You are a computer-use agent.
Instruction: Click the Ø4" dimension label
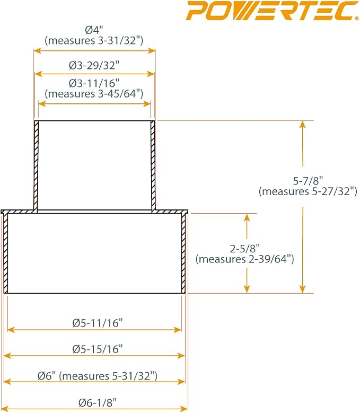coord(93,30)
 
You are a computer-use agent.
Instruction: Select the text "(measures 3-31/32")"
coord(94,41)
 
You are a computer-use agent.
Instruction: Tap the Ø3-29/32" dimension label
coord(94,65)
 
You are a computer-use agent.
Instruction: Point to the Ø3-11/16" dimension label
coord(94,83)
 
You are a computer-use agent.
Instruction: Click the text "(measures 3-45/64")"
coord(94,94)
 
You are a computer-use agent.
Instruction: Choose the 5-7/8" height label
coord(308,181)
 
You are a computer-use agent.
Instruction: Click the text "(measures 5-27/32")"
coord(308,191)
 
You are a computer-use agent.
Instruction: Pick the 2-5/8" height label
coord(244,248)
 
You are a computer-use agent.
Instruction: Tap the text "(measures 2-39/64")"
coord(244,259)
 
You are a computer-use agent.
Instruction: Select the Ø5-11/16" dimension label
coord(98,323)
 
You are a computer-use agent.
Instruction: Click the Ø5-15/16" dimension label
coord(98,349)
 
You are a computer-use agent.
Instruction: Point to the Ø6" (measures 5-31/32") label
coord(98,376)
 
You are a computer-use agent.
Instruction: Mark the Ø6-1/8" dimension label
coord(98,402)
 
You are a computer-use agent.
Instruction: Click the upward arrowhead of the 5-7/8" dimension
coord(303,124)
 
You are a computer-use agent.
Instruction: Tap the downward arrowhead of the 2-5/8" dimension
coord(247,289)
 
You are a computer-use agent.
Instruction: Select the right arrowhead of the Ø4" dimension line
coord(152,50)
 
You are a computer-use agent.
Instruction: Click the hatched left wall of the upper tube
coord(36,165)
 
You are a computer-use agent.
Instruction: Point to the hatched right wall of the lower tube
coord(184,253)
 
